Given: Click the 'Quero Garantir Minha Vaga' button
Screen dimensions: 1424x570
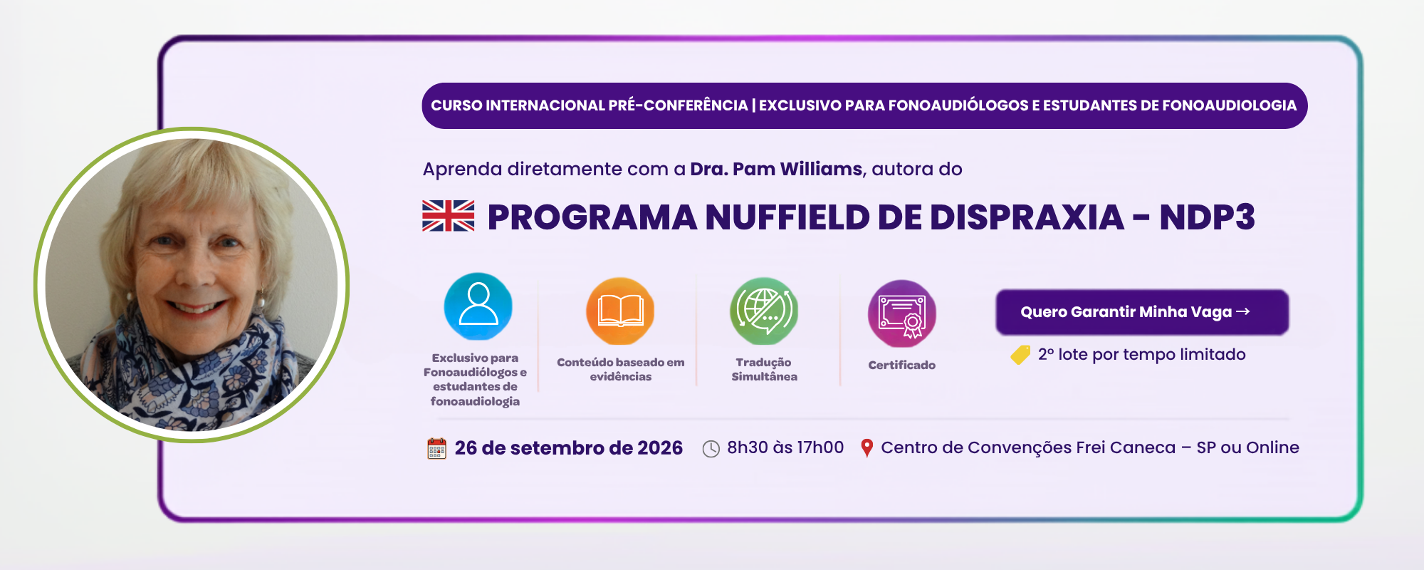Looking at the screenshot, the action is (x=1142, y=312).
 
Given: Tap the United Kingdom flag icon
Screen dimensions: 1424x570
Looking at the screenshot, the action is (x=448, y=216).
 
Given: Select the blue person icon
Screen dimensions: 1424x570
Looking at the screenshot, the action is (x=478, y=306).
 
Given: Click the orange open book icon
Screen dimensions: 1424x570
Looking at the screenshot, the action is (x=620, y=311).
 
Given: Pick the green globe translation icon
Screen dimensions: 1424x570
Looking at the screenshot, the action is (x=764, y=311).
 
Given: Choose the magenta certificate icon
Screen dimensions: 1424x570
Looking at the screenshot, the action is (x=902, y=314).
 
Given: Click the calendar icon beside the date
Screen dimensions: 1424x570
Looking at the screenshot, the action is (x=436, y=448).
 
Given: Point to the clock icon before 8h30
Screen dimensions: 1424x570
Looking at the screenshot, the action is (x=711, y=449).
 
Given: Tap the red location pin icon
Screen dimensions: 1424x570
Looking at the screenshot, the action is (x=867, y=448).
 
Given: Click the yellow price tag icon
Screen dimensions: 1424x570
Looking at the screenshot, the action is (x=1020, y=355).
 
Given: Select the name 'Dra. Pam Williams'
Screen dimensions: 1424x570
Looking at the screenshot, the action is (x=776, y=169).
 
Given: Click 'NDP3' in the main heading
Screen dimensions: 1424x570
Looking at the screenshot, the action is (x=1207, y=217).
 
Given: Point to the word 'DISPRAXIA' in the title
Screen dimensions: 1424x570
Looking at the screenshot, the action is (x=1027, y=217).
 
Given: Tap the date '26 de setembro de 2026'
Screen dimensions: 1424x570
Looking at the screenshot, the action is (x=569, y=448).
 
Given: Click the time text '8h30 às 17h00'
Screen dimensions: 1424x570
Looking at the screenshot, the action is (x=785, y=447).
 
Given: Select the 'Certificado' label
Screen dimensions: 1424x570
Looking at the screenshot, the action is (x=902, y=365).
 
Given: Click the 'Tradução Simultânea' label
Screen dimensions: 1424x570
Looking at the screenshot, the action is (x=764, y=369).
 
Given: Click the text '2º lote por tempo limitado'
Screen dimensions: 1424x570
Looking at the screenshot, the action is (x=1142, y=355).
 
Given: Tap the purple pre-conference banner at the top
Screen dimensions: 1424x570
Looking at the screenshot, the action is (x=864, y=105).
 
